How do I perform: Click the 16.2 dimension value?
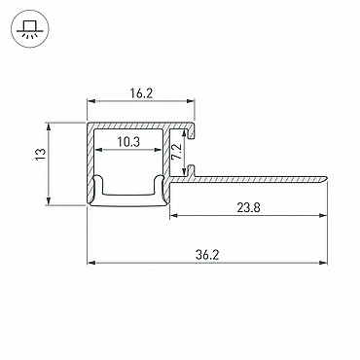tap(141, 93)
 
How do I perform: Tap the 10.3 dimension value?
tap(128, 142)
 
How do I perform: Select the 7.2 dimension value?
tap(177, 152)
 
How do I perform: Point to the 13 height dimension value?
tap(40, 154)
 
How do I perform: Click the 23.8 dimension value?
tap(248, 207)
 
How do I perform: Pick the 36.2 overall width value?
tap(207, 255)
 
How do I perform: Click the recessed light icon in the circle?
tap(29, 29)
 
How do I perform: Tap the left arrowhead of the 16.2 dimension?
tap(91, 102)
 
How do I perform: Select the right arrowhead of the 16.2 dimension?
tap(190, 102)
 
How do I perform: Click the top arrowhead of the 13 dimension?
tap(49, 127)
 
